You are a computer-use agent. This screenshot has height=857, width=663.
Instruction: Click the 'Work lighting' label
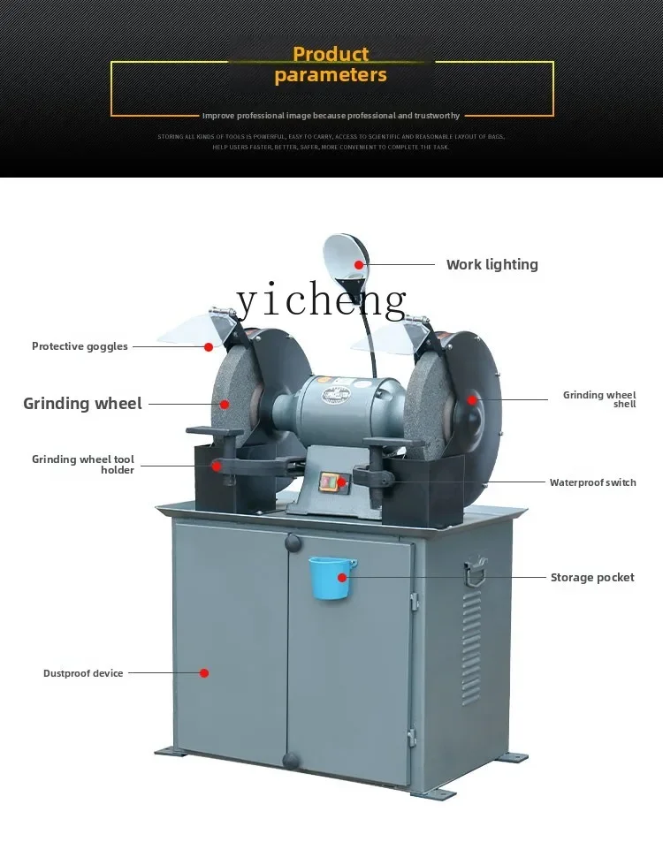[492, 264]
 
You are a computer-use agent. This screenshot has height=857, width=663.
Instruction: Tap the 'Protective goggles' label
[80, 346]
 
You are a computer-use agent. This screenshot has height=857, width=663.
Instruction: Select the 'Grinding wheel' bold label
[82, 404]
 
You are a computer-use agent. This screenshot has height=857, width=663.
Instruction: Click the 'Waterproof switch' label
[592, 482]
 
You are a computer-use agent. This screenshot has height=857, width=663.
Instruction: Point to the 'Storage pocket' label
[592, 578]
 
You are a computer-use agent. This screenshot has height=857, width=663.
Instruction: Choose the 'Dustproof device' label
[83, 673]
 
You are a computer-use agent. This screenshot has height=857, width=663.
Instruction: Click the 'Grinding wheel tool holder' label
[83, 465]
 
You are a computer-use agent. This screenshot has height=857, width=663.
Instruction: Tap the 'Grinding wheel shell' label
[599, 399]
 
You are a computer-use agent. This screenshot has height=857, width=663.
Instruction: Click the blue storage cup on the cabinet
[331, 577]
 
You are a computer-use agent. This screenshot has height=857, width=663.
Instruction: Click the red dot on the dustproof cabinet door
[204, 673]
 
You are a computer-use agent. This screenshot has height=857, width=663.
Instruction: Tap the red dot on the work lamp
[359, 264]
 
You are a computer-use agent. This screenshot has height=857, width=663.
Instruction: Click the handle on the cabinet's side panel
[476, 571]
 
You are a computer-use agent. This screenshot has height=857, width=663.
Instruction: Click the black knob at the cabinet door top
[293, 540]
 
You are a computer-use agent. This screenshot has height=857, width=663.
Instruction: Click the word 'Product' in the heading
[331, 55]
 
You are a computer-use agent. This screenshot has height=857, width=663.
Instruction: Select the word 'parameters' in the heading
[331, 75]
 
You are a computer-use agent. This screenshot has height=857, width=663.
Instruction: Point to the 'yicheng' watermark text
[322, 302]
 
